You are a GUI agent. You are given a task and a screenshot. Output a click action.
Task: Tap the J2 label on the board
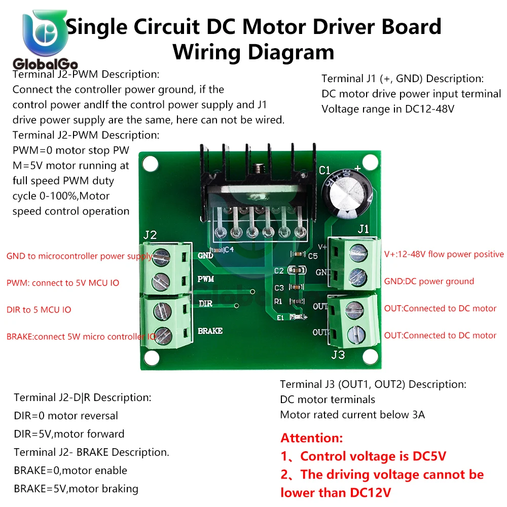click(150, 235)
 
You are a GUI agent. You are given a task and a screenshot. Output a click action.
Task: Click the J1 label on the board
click(363, 229)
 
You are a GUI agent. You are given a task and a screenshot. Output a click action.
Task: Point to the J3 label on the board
click(338, 354)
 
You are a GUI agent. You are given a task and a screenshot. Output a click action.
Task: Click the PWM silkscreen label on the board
click(205, 279)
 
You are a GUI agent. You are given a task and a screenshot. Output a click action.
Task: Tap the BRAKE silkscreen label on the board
click(210, 331)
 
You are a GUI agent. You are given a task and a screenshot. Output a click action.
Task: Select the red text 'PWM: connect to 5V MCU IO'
click(63, 283)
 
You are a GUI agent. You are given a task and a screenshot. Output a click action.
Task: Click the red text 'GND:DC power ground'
click(429, 281)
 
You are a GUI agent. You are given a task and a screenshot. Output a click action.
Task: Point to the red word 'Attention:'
click(312, 438)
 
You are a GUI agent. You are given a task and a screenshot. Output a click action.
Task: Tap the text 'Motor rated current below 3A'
click(352, 415)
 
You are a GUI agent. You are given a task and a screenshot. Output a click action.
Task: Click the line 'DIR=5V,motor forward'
click(69, 434)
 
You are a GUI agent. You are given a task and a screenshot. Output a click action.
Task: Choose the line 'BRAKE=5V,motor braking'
click(76, 489)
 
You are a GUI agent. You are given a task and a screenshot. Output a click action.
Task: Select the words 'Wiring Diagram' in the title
click(253, 52)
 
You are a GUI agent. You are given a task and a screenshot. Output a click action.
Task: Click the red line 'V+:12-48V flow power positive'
click(444, 255)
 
